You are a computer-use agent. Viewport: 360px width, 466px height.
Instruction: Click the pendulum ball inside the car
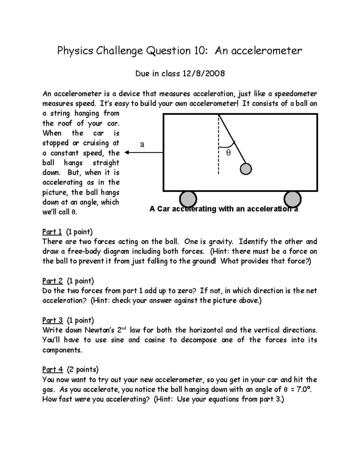pos(246,169)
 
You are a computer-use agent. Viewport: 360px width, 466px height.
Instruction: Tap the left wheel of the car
pos(188,199)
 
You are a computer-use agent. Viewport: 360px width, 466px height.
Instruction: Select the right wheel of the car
pos(292,199)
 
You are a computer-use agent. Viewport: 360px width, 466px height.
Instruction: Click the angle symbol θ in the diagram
pos(228,153)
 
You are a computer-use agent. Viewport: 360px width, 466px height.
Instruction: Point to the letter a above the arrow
pos(142,144)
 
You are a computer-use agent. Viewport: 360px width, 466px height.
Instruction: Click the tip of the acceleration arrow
pos(126,152)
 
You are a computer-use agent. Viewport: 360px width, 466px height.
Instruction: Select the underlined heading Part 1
pos(52,232)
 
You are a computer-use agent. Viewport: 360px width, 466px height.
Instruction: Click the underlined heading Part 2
pos(52,281)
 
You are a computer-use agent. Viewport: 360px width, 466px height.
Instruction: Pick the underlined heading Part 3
pos(52,320)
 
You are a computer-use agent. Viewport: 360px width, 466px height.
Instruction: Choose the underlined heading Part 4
pos(52,369)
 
